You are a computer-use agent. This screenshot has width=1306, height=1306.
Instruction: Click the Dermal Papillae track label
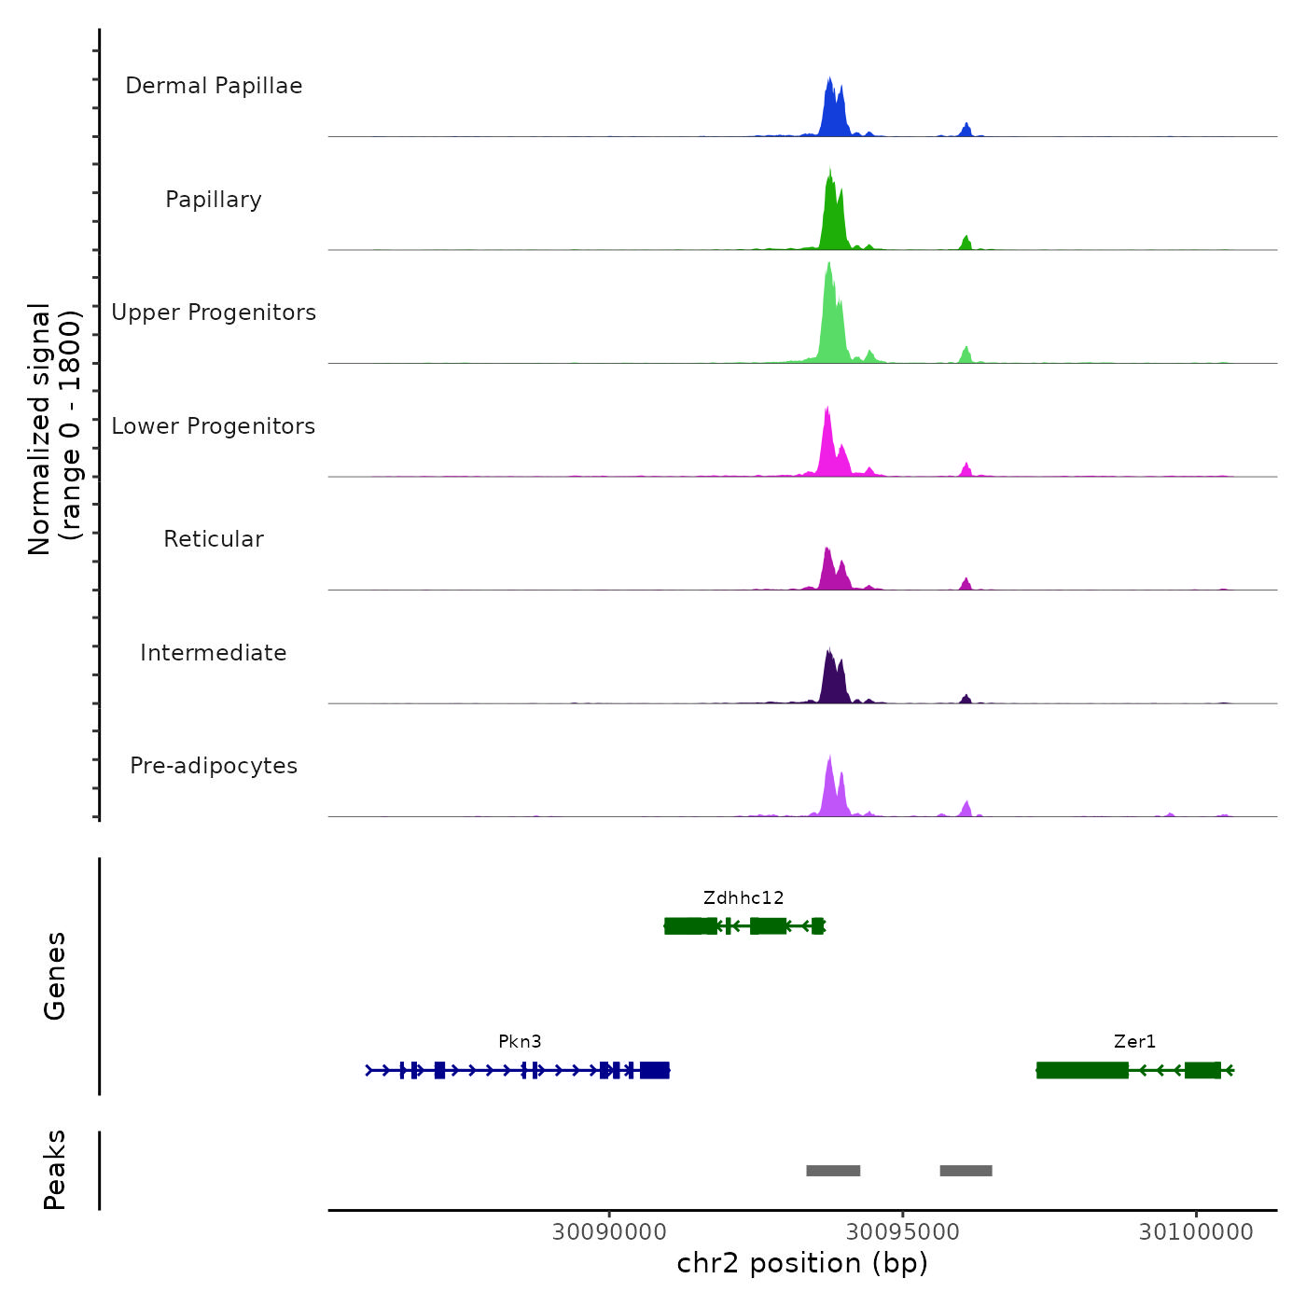click(x=214, y=86)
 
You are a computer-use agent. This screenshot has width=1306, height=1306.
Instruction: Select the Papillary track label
click(x=214, y=200)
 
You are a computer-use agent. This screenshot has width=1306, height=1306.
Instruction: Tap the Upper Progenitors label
click(x=214, y=313)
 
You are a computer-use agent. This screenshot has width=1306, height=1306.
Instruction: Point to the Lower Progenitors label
click(x=214, y=426)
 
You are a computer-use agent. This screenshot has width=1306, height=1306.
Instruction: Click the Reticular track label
click(x=214, y=539)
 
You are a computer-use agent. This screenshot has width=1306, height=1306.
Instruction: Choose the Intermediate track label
click(x=214, y=653)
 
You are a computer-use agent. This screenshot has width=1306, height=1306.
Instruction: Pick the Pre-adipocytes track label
click(x=214, y=766)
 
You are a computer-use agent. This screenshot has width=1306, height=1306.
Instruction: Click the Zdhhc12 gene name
click(x=743, y=898)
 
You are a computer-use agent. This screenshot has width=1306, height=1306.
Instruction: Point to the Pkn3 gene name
click(x=520, y=1042)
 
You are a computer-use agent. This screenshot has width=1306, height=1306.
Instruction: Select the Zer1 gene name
click(x=1134, y=1042)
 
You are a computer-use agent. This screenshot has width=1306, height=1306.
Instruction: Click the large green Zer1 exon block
click(x=1082, y=1070)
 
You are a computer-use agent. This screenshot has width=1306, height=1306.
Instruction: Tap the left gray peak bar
click(x=833, y=1171)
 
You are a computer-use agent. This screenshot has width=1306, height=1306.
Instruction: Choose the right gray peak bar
click(x=966, y=1171)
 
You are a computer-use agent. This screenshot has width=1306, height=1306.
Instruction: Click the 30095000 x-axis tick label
click(x=902, y=1232)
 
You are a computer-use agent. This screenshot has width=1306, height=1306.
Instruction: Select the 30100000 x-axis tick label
click(x=1196, y=1232)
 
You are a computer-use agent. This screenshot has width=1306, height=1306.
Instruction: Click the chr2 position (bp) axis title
click(x=802, y=1264)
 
